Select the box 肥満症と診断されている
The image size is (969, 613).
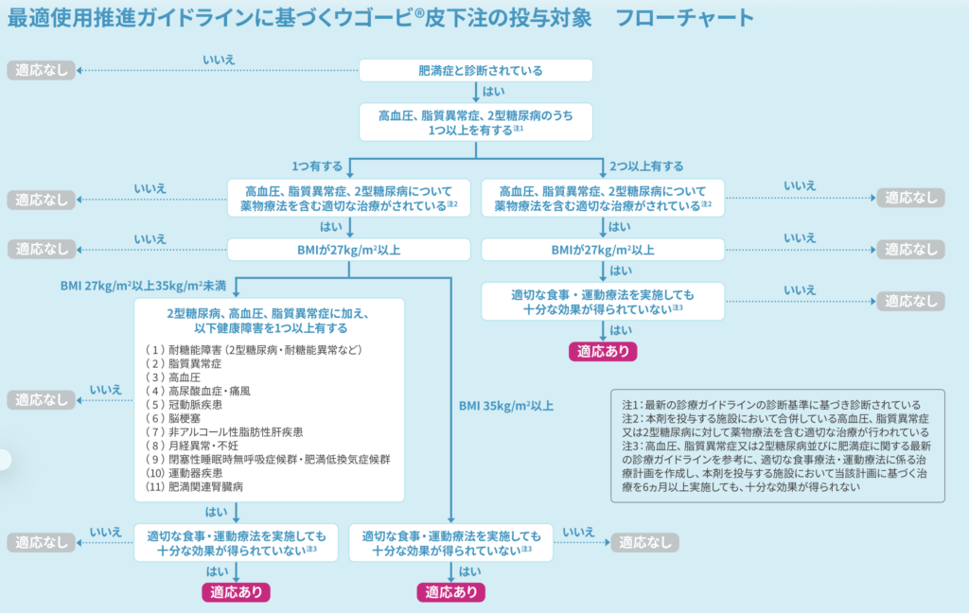point(476,70)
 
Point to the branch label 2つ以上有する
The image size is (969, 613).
point(646,166)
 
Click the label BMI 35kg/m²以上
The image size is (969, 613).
point(506,406)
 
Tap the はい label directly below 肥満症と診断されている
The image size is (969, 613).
point(493,92)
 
